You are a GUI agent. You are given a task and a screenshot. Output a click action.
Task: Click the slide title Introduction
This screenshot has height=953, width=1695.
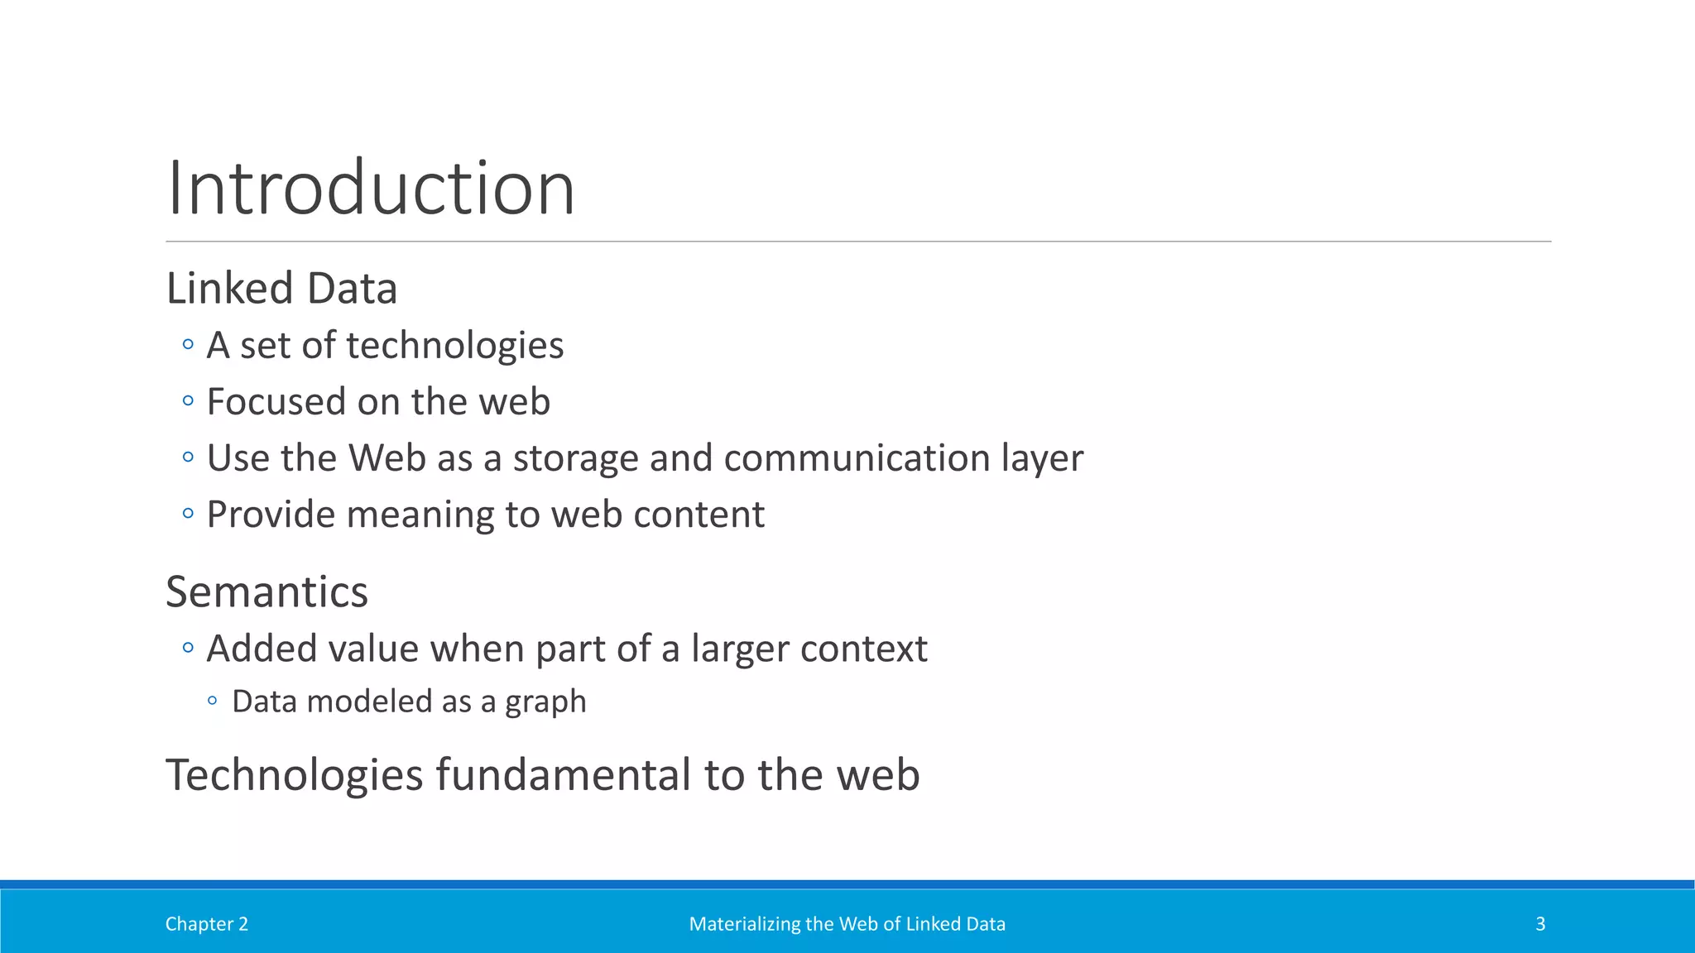[x=370, y=189]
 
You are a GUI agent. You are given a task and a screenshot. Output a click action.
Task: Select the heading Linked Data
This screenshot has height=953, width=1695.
[x=281, y=289]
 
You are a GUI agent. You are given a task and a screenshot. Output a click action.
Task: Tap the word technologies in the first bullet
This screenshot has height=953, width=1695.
[x=454, y=346]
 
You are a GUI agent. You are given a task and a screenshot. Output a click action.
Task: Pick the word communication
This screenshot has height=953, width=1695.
[x=857, y=458]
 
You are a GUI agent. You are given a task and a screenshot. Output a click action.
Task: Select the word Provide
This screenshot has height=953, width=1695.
[x=271, y=515]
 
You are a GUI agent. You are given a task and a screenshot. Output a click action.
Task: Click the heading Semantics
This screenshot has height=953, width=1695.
[x=266, y=592]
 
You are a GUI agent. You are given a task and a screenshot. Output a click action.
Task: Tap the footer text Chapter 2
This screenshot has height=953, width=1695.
[x=207, y=924]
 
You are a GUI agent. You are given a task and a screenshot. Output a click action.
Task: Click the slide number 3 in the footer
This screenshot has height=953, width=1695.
[x=1540, y=924]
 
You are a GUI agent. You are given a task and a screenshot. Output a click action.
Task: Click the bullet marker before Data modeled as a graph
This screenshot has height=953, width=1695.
[x=213, y=702]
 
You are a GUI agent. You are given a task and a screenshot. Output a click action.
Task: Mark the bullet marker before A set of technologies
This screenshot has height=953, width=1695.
[x=188, y=344]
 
